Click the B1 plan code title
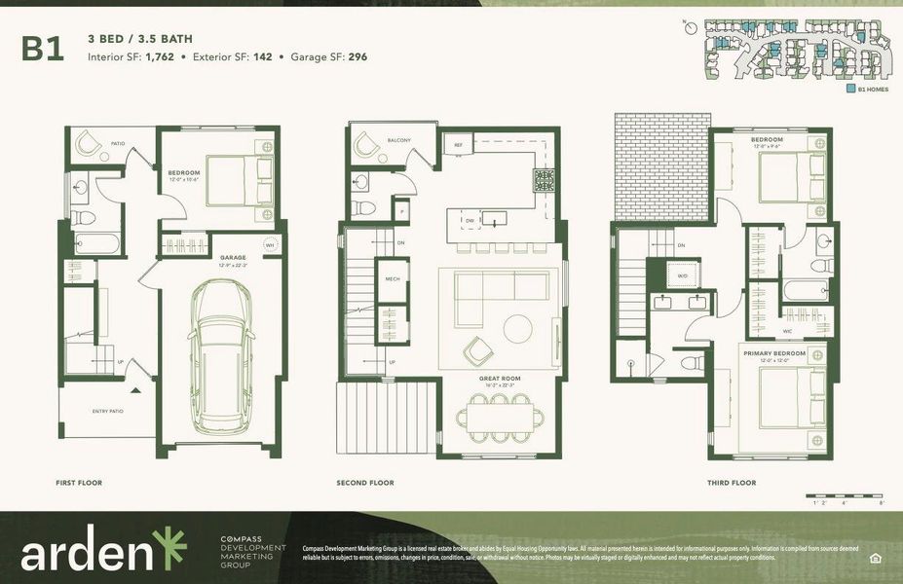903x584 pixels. [x=43, y=49]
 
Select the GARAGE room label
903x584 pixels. [x=233, y=258]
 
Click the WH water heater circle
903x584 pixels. [x=271, y=244]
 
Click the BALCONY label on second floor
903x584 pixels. [x=398, y=140]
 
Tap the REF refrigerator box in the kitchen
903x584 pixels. [x=458, y=145]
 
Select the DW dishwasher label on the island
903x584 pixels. [x=470, y=221]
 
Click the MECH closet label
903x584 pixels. [x=393, y=279]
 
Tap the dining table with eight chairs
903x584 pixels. [x=501, y=418]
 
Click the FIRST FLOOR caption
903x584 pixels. [x=79, y=483]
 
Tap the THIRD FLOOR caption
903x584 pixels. [x=731, y=483]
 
